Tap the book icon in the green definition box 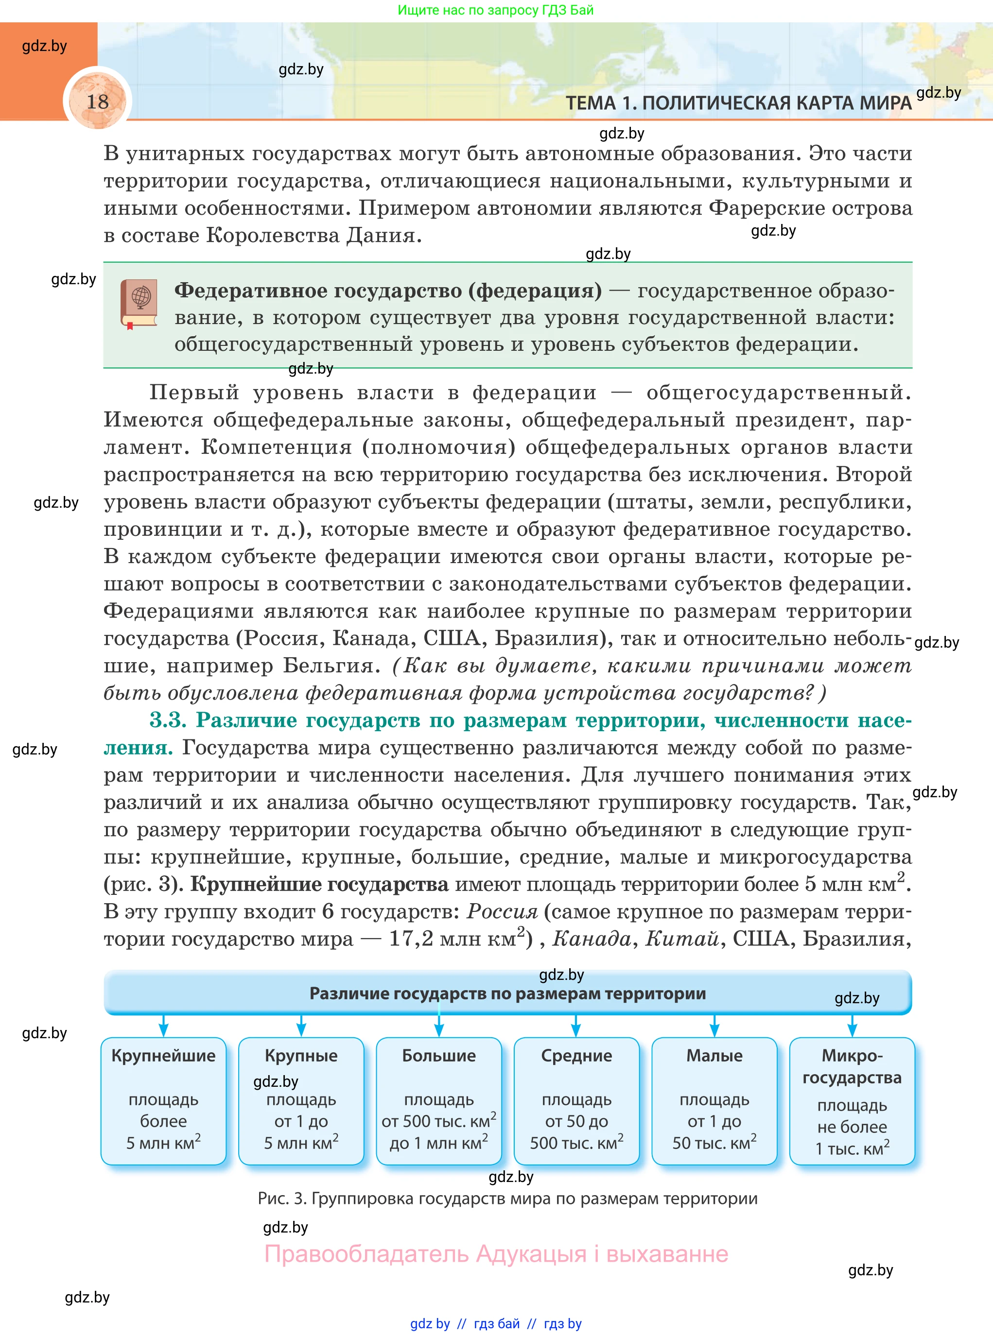[x=139, y=303]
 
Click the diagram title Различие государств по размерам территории [x=507, y=993]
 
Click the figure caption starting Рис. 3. [x=507, y=1199]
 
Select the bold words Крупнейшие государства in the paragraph [x=319, y=884]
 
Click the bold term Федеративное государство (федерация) [x=388, y=291]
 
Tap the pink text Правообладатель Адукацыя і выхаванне [x=496, y=1254]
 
